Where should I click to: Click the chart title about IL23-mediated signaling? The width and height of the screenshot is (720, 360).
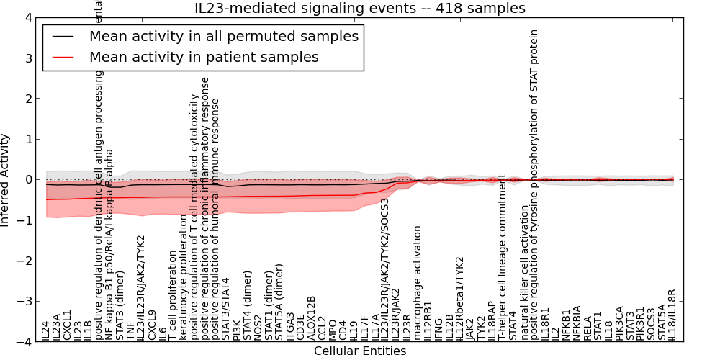[360, 9]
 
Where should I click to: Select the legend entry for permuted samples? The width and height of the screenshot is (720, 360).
[223, 36]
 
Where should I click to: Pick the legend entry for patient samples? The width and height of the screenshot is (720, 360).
[204, 57]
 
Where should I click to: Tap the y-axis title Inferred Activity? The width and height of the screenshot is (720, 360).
[6, 180]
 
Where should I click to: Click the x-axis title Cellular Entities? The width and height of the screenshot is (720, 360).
[360, 351]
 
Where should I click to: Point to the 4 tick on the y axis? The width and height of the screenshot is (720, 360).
[28, 17]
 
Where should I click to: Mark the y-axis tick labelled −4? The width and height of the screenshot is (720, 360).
[25, 343]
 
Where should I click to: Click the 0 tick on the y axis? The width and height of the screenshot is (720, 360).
[28, 180]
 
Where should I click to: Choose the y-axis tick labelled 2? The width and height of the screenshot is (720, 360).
[28, 99]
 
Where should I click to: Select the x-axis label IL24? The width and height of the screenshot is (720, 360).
[46, 330]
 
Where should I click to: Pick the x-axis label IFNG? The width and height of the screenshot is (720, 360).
[438, 328]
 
